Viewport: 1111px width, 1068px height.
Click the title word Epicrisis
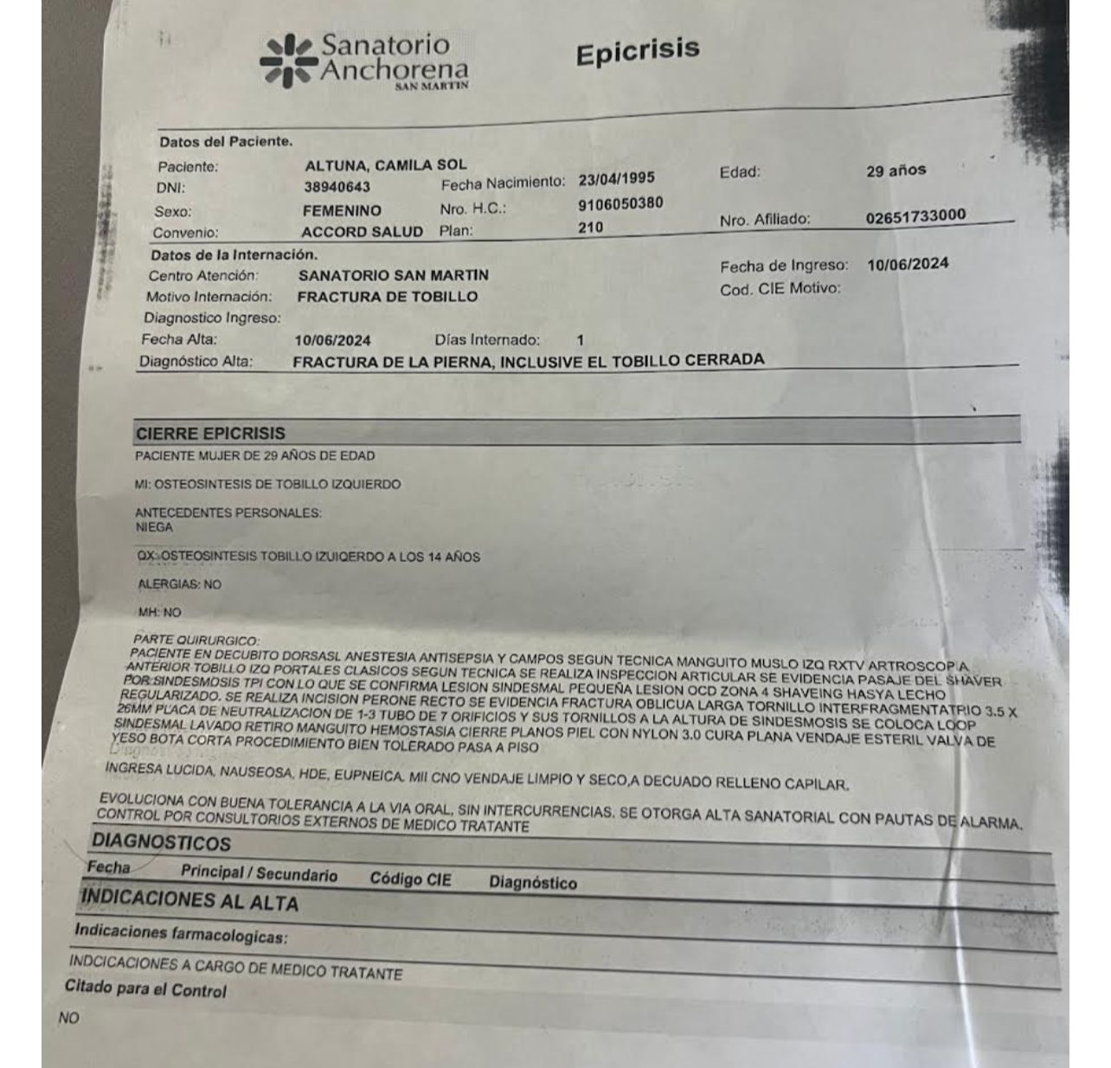coord(637,52)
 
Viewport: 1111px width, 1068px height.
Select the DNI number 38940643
coord(337,187)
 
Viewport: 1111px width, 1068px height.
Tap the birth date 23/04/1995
coord(616,179)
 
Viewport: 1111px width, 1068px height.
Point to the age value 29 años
coord(896,170)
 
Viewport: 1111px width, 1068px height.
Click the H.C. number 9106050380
coord(620,204)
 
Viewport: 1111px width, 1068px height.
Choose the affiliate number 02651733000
coord(915,216)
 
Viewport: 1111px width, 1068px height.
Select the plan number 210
coord(590,228)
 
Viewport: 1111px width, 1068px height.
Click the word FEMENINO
coord(342,210)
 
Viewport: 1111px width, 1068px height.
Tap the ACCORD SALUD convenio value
coord(362,232)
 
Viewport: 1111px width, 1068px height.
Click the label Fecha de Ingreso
coord(784,267)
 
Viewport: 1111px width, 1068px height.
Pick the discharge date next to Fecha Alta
coord(332,341)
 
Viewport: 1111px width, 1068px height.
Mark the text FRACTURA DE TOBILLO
coord(387,297)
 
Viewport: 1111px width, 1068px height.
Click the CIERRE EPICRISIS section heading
coord(210,434)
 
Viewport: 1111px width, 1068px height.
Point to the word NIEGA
coord(154,527)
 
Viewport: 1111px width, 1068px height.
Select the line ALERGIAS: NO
coord(179,584)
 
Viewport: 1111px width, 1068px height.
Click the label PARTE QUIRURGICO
coord(196,640)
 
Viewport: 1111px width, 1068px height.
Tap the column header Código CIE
coord(410,879)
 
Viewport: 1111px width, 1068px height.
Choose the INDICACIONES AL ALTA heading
coord(189,900)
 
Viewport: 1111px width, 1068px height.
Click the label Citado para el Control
coord(145,988)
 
